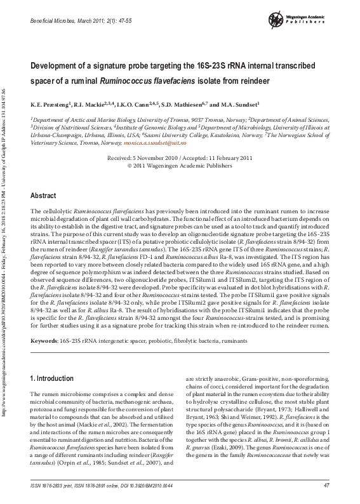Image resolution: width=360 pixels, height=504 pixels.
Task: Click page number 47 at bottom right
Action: coord(326,486)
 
